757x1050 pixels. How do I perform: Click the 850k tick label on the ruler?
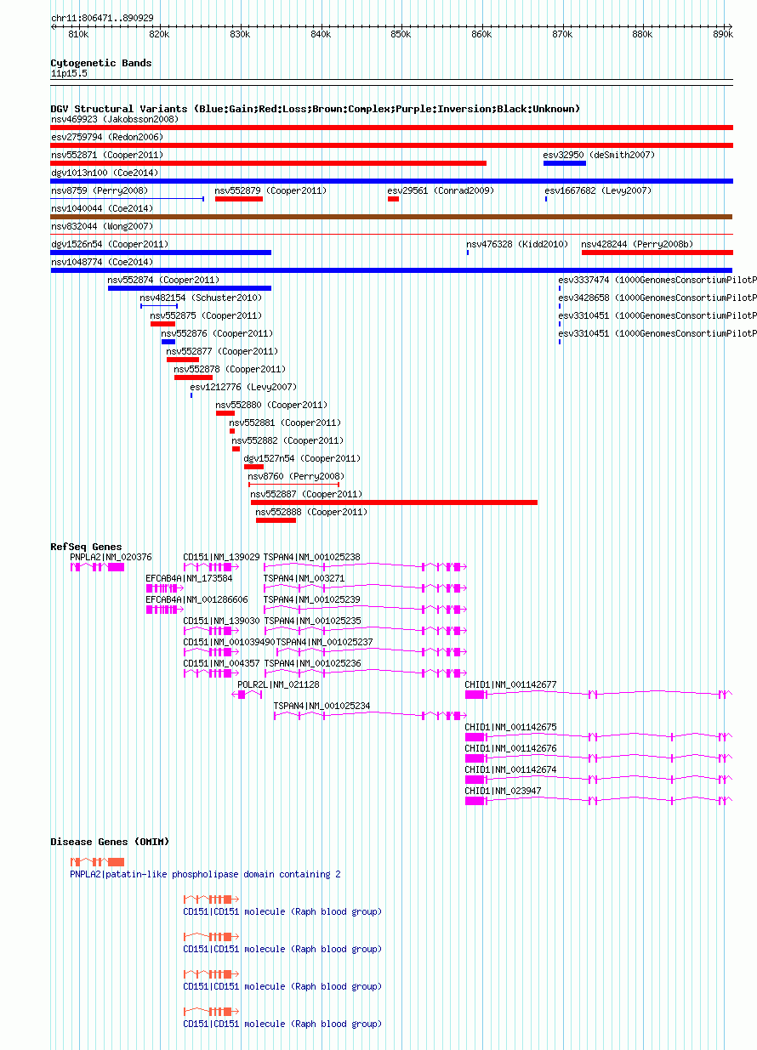[x=401, y=34]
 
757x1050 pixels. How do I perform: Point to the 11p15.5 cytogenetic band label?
[x=69, y=73]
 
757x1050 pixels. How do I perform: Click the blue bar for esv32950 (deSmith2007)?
[x=565, y=163]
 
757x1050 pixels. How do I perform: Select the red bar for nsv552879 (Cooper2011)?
[x=239, y=199]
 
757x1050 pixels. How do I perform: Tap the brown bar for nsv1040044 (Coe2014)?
[x=391, y=217]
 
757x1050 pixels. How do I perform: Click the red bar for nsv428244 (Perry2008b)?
[x=657, y=253]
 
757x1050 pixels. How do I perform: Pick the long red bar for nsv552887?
[x=394, y=502]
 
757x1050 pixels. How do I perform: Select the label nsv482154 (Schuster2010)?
[x=201, y=298]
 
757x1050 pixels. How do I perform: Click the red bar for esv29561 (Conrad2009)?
[x=393, y=199]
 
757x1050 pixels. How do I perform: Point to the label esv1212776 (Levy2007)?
[x=243, y=387]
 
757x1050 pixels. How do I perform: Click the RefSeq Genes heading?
[x=86, y=547]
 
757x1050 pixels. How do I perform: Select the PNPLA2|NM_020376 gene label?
[x=111, y=557]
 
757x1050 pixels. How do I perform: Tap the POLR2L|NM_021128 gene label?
[x=278, y=684]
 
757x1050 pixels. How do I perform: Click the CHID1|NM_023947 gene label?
[x=503, y=791]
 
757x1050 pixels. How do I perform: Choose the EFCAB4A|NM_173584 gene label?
[x=189, y=578]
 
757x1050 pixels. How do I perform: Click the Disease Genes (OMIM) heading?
[x=110, y=842]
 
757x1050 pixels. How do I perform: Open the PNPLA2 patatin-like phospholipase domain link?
[x=205, y=874]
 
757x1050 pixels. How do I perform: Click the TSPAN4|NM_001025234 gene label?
[x=322, y=706]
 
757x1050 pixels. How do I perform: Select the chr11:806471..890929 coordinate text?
[x=102, y=18]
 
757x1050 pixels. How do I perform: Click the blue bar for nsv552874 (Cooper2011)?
[x=190, y=288]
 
